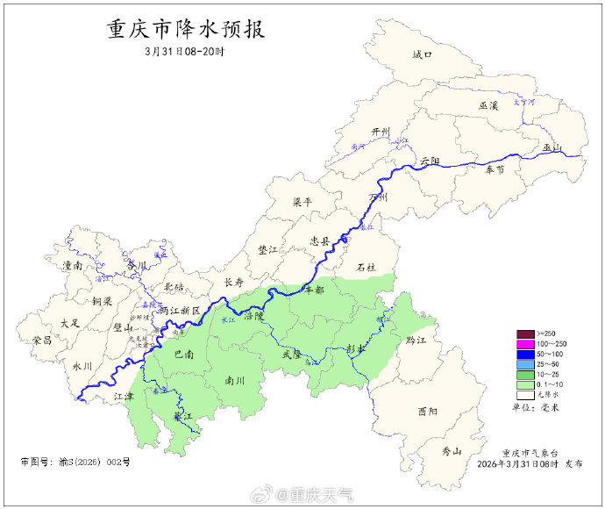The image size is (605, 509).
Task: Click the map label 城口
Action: coord(423,55)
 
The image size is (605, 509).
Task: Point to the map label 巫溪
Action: coord(488,105)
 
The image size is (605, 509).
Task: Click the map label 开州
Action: coord(380,132)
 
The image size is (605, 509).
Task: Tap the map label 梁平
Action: coord(302,202)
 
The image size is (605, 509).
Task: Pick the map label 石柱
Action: coord(366,266)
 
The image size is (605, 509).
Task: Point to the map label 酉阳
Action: coord(428,411)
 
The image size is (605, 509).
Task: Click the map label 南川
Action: coord(234,381)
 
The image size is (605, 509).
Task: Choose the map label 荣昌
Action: coord(42,340)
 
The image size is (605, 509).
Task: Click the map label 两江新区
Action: coord(180,311)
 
